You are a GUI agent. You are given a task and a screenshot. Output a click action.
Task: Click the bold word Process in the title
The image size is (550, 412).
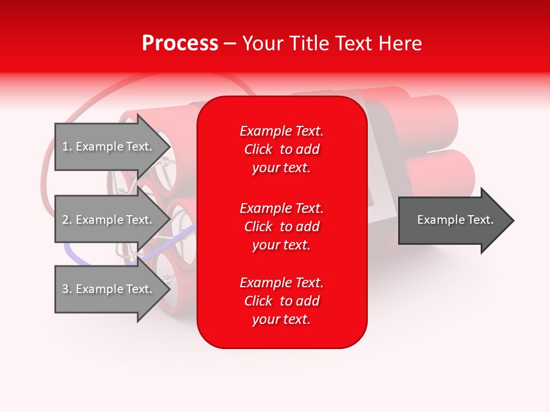180,43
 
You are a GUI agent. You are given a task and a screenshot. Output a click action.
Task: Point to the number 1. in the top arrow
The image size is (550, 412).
67,146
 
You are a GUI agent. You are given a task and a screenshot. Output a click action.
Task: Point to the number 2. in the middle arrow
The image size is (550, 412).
67,220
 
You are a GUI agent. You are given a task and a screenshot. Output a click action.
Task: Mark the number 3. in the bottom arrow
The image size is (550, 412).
67,289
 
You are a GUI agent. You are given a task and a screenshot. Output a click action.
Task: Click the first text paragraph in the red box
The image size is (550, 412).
281,149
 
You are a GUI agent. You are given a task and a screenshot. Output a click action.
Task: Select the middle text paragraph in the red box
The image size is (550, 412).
281,227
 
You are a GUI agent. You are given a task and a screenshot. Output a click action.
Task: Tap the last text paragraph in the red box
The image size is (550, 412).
281,301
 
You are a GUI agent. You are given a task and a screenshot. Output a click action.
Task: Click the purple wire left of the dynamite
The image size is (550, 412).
72,252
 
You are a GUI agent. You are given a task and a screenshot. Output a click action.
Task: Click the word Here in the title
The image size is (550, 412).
400,43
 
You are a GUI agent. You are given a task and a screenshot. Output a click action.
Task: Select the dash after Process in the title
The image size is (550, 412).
230,44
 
